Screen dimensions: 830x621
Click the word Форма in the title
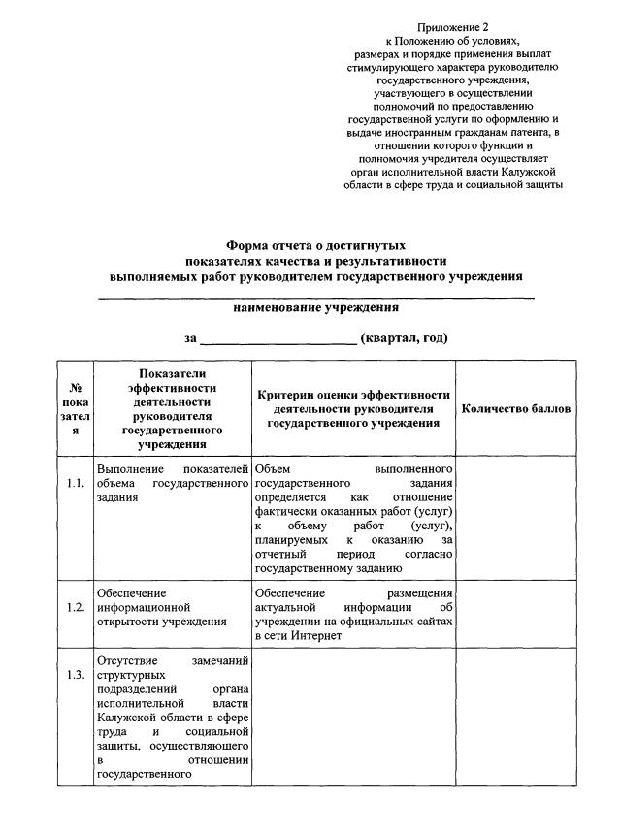[x=247, y=246]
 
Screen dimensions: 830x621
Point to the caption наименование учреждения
[x=316, y=307]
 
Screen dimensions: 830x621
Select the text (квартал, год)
[x=404, y=338]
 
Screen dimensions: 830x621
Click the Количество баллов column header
[x=516, y=409]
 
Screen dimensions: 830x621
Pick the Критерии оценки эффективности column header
[x=353, y=409]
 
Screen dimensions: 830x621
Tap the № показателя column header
[x=75, y=409]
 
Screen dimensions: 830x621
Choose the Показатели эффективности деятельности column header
[x=173, y=409]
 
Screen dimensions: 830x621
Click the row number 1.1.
[x=75, y=482]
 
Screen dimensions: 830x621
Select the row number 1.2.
[x=75, y=607]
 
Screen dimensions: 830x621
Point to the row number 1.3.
[x=75, y=676]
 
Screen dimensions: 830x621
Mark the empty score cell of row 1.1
[x=516, y=518]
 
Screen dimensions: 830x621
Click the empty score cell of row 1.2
[x=516, y=614]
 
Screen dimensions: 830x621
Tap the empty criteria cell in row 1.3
[x=353, y=718]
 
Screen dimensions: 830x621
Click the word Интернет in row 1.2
[x=316, y=636]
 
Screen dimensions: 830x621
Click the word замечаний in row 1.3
[x=222, y=661]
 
